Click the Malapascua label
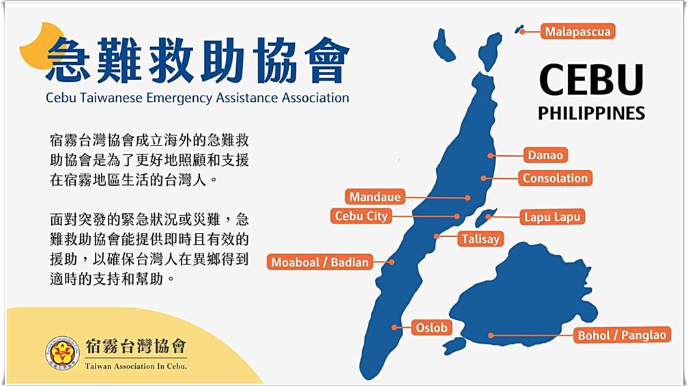578,31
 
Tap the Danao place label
545,155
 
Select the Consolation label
555,178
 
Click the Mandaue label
375,197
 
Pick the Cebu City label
361,217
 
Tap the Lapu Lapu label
551,218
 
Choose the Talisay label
481,239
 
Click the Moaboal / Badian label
320,262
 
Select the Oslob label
431,328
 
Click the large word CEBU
591,80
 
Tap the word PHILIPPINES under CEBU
591,113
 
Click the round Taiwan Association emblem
62,353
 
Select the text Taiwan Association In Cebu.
136,366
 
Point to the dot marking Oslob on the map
395,328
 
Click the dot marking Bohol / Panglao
491,335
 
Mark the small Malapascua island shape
519,30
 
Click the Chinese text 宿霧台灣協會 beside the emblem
136,346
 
